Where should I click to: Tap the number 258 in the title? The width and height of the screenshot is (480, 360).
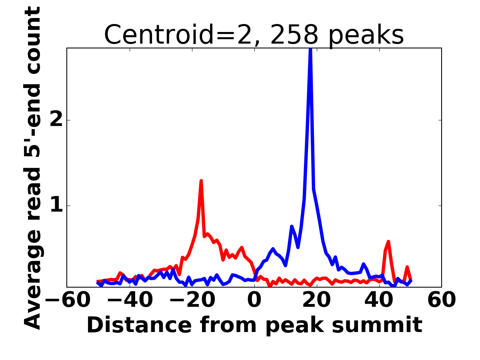click(x=294, y=35)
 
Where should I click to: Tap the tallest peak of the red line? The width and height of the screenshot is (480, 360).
click(x=201, y=181)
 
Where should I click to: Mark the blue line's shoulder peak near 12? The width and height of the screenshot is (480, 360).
click(x=292, y=226)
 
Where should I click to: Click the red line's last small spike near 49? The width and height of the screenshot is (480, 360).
click(x=407, y=267)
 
